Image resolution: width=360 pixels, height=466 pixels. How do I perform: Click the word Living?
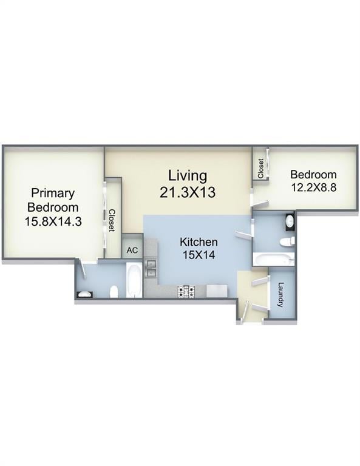point(188,176)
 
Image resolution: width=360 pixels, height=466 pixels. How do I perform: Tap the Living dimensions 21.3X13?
point(188,192)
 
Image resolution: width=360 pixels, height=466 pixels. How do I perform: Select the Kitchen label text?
point(199,242)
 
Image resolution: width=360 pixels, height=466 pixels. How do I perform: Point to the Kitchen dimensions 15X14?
point(199,255)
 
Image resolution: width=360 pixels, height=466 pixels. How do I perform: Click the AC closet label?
point(132,251)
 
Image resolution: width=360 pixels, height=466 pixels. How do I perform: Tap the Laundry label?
point(281,295)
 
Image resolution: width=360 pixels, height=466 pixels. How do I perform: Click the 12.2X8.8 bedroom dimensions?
point(313,187)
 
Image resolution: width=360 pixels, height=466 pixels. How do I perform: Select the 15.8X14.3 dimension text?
point(53,221)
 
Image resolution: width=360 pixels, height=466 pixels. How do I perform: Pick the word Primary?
point(53,194)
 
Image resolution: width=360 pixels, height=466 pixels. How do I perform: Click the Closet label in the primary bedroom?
point(112,221)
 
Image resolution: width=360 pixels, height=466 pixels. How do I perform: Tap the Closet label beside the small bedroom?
point(261,168)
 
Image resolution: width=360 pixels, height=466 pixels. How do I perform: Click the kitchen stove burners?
point(186,292)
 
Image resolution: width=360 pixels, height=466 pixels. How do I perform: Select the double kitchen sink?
point(150,268)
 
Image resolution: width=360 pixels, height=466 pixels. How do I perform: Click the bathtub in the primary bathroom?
point(134,281)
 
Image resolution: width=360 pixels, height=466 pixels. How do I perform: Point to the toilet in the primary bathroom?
point(114,292)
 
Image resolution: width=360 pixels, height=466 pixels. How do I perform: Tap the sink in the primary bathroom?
point(84,295)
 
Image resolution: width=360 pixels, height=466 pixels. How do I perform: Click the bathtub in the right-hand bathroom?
point(273,260)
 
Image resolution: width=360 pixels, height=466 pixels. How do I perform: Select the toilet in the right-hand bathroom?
point(287,242)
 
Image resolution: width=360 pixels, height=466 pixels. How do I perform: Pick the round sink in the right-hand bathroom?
point(290,222)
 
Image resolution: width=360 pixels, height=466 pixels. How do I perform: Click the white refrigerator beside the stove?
point(216,291)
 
